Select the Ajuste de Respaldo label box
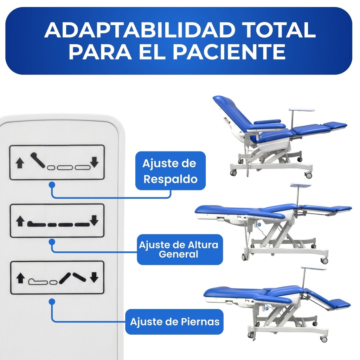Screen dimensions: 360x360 tap(171, 171)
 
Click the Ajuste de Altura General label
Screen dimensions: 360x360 tap(179, 249)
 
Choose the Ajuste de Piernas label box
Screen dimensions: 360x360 tap(174, 321)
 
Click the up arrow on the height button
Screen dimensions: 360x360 tap(20, 221)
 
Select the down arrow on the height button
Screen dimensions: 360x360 tap(94, 221)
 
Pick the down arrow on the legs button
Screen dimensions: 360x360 tap(94, 278)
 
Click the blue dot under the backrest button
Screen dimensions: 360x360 tap(52, 184)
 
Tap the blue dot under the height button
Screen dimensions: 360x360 tap(52, 242)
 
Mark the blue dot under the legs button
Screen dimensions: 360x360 tap(52, 301)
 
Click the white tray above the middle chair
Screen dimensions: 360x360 tap(300, 185)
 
